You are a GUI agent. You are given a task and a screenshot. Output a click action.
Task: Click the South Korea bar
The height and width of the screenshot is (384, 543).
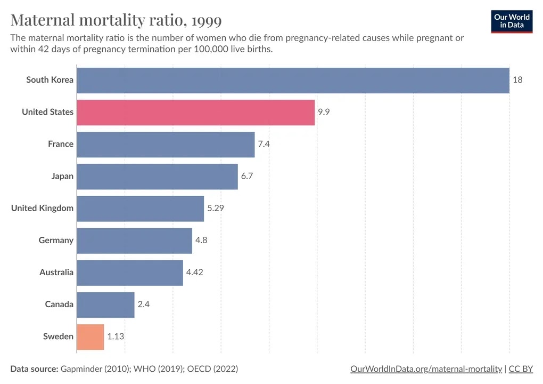click(293, 80)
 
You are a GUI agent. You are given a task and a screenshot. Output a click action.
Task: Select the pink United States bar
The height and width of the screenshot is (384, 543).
click(195, 112)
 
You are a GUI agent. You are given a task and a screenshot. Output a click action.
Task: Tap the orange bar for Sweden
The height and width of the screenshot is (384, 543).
click(90, 337)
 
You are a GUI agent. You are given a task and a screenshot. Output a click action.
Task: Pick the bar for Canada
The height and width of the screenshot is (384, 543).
click(105, 305)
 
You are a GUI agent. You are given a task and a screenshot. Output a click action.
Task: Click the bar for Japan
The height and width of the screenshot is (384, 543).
click(157, 176)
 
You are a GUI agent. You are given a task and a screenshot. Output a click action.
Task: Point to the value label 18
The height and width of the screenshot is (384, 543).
click(517, 80)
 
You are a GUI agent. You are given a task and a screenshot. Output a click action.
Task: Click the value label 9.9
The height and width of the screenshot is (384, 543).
click(324, 112)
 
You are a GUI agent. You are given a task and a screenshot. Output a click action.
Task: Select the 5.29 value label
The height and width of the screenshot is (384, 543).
click(216, 208)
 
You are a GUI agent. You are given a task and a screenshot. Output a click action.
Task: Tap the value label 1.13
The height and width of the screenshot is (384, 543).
click(116, 337)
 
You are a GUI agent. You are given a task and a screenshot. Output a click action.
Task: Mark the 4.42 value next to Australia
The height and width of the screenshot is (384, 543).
click(194, 273)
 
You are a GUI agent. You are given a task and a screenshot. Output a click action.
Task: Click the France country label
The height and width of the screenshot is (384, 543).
click(61, 144)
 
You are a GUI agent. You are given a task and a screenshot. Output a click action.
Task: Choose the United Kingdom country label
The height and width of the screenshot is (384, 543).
click(42, 208)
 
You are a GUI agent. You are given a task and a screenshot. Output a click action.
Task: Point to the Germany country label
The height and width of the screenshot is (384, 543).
click(56, 241)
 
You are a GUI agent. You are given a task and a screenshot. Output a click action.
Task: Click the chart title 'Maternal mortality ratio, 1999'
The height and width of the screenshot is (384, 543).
click(116, 20)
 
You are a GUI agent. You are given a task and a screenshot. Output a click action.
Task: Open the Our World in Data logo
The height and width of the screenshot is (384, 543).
click(512, 21)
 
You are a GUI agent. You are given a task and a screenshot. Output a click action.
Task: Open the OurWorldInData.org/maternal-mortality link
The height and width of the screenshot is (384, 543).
click(426, 369)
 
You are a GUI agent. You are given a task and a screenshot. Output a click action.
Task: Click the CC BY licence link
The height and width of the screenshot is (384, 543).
click(521, 369)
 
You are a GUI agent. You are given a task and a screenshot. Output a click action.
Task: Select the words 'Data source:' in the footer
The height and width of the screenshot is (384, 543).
click(34, 369)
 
